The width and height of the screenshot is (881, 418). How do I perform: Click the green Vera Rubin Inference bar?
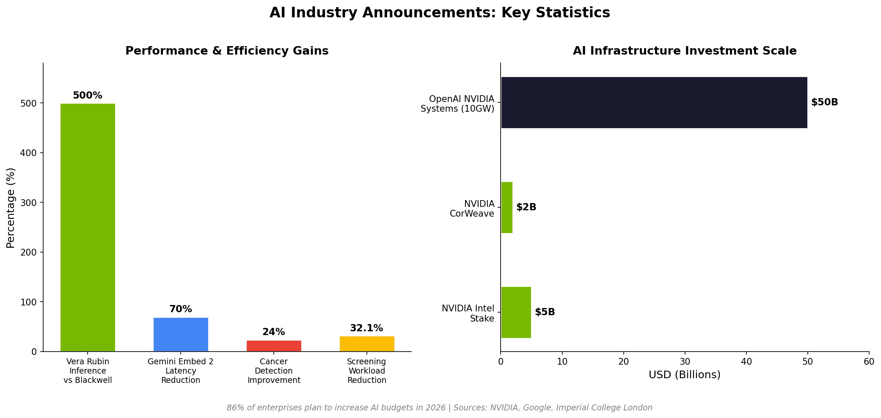[x=88, y=227]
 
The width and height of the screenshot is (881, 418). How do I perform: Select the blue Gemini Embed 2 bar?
[x=181, y=334]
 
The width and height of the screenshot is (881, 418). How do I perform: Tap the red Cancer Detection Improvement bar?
[x=274, y=346]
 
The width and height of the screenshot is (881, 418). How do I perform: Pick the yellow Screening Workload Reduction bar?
[x=367, y=344]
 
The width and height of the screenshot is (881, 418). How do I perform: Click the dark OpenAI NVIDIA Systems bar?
[x=654, y=102]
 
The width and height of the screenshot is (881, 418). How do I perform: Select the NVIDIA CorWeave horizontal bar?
[x=507, y=207]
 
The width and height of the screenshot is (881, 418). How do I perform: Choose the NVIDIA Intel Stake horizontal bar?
[x=516, y=312]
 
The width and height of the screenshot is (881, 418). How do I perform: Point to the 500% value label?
[x=88, y=96]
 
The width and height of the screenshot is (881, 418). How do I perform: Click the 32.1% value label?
[x=366, y=328]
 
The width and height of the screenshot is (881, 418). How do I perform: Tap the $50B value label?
[x=824, y=102]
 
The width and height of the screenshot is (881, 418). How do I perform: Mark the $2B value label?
[x=526, y=207]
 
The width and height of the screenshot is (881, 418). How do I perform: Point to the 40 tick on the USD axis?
[x=746, y=362]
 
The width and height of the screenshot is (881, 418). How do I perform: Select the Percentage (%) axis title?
[x=11, y=207]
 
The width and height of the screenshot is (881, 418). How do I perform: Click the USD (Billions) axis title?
[x=684, y=375]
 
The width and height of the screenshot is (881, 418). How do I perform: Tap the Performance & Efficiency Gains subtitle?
[x=227, y=51]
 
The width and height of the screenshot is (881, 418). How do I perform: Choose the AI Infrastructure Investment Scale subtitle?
[x=684, y=51]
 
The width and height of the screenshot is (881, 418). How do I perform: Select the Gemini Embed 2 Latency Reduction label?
[x=181, y=371]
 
